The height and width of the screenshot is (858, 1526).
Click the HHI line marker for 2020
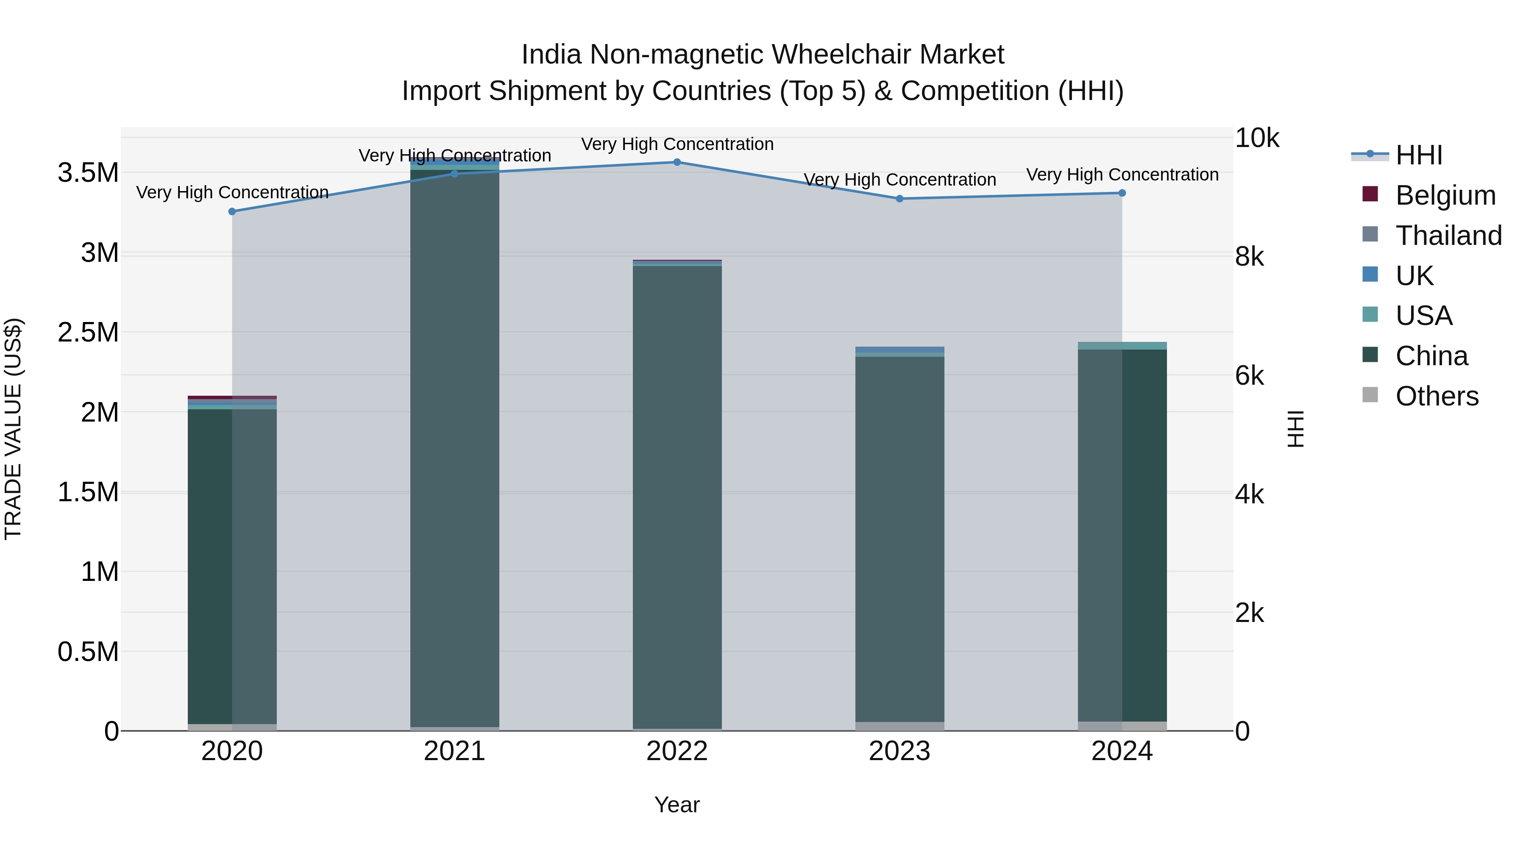point(232,211)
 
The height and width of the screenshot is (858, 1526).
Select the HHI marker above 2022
point(677,162)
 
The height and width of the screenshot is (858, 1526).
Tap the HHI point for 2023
point(899,199)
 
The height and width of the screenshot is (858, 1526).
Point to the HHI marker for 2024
point(1121,193)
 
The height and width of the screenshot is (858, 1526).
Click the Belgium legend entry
point(1445,195)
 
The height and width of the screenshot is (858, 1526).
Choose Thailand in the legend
point(1448,236)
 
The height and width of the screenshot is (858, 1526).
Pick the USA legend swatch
point(1370,314)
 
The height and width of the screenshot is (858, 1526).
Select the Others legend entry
point(1437,396)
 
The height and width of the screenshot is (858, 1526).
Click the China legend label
point(1431,356)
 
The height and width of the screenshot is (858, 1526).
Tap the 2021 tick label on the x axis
point(454,751)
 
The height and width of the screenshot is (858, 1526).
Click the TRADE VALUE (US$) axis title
point(14,429)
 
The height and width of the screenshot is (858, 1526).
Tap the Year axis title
point(677,805)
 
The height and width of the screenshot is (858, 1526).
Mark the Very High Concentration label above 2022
point(677,144)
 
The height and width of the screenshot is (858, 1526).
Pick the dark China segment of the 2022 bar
point(677,497)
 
